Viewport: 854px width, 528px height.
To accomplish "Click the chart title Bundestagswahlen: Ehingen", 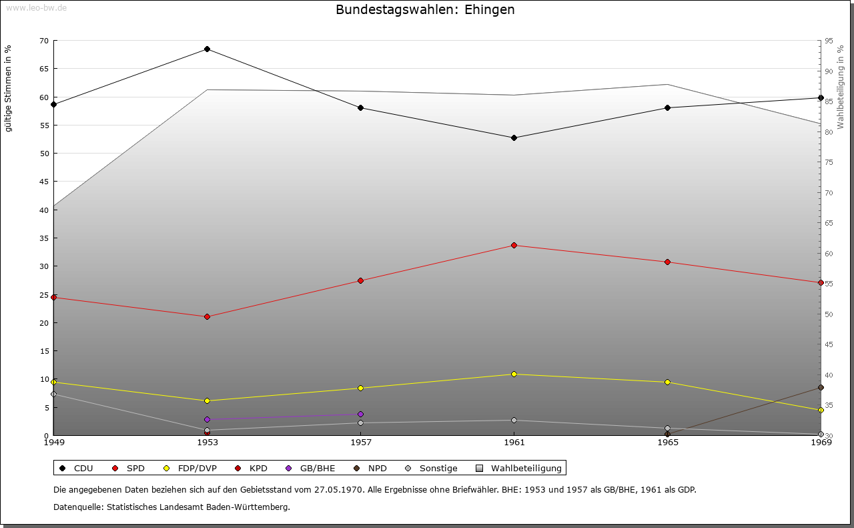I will coord(425,10).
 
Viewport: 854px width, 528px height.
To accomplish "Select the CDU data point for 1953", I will coord(207,49).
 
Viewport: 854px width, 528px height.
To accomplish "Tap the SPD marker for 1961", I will coord(514,245).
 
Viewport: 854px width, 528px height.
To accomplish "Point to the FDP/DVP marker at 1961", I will coord(514,374).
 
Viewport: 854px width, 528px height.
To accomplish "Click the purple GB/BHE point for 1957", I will coord(360,414).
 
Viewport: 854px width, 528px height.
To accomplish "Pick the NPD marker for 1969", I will coord(821,387).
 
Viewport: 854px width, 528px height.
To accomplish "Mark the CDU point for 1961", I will coord(514,138).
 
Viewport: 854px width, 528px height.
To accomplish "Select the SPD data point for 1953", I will coord(207,316).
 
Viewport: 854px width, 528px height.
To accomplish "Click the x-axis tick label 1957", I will coord(360,442).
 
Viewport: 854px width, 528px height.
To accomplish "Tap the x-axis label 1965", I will coord(667,442).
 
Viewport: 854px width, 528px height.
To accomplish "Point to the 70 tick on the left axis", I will coord(44,41).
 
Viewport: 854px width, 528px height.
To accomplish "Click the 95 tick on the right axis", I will coord(829,41).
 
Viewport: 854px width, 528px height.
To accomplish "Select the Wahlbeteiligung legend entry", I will coord(520,468).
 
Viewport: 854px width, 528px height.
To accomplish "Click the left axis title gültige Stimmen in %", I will coord(9,88).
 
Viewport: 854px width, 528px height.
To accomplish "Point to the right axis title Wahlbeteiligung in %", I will coord(841,87).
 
